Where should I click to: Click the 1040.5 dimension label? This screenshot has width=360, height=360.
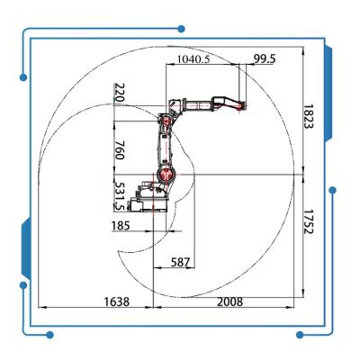tap(193, 59)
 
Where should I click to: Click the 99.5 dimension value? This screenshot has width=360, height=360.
tap(265, 58)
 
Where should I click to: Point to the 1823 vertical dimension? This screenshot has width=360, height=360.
tap(308, 116)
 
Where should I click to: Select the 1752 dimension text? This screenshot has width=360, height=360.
tap(308, 221)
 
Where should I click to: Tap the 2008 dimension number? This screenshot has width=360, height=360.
tap(229, 301)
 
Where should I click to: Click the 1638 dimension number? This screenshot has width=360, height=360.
tap(117, 301)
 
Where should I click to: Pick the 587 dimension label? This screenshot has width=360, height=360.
tap(180, 263)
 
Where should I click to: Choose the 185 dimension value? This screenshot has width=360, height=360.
tap(121, 225)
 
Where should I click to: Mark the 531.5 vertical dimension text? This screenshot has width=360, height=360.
tap(120, 196)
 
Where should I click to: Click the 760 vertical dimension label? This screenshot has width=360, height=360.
tap(120, 150)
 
